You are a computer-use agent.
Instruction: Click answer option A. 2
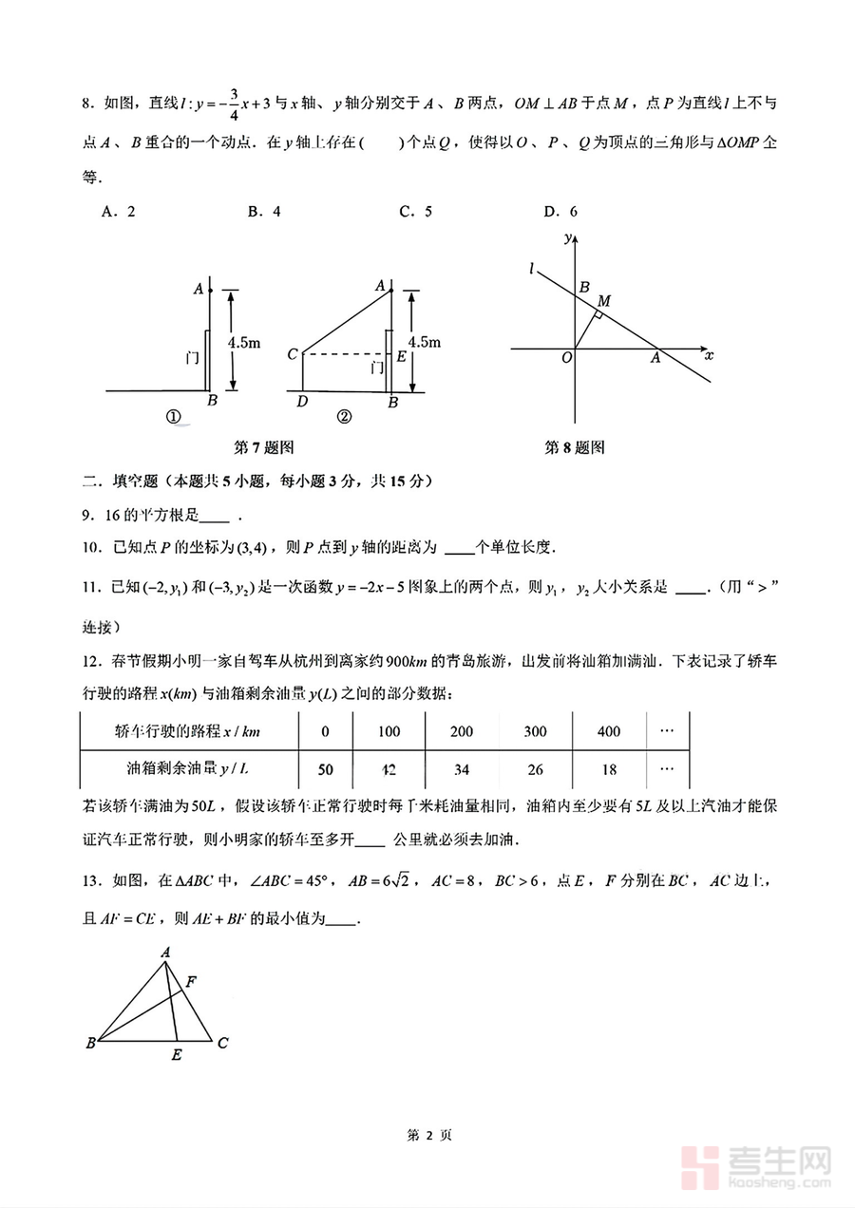point(118,212)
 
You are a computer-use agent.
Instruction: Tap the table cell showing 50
point(325,768)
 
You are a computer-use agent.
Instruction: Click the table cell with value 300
point(536,731)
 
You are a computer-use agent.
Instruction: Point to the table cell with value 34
point(462,768)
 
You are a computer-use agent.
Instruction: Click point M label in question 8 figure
point(603,301)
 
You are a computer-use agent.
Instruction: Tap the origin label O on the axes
point(565,357)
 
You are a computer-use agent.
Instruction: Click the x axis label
point(709,356)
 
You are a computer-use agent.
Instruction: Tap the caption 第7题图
point(264,447)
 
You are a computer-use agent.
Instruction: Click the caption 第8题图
point(575,447)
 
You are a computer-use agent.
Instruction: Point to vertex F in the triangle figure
point(191,981)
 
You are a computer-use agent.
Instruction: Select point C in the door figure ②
point(293,355)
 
